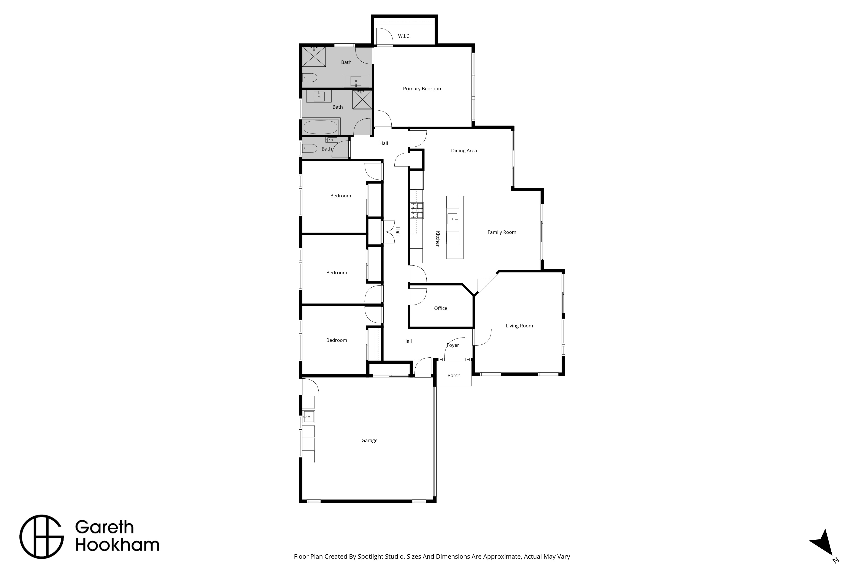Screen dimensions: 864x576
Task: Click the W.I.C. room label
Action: [404, 36]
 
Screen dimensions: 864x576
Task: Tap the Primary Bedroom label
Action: [422, 89]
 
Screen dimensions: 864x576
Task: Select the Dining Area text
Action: [464, 151]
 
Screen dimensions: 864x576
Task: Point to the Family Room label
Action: [502, 232]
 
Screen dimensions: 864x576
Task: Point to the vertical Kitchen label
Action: [438, 239]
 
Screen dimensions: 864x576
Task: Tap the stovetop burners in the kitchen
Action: [417, 211]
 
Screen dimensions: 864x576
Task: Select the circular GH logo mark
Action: [41, 537]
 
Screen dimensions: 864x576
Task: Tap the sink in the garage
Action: [309, 417]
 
